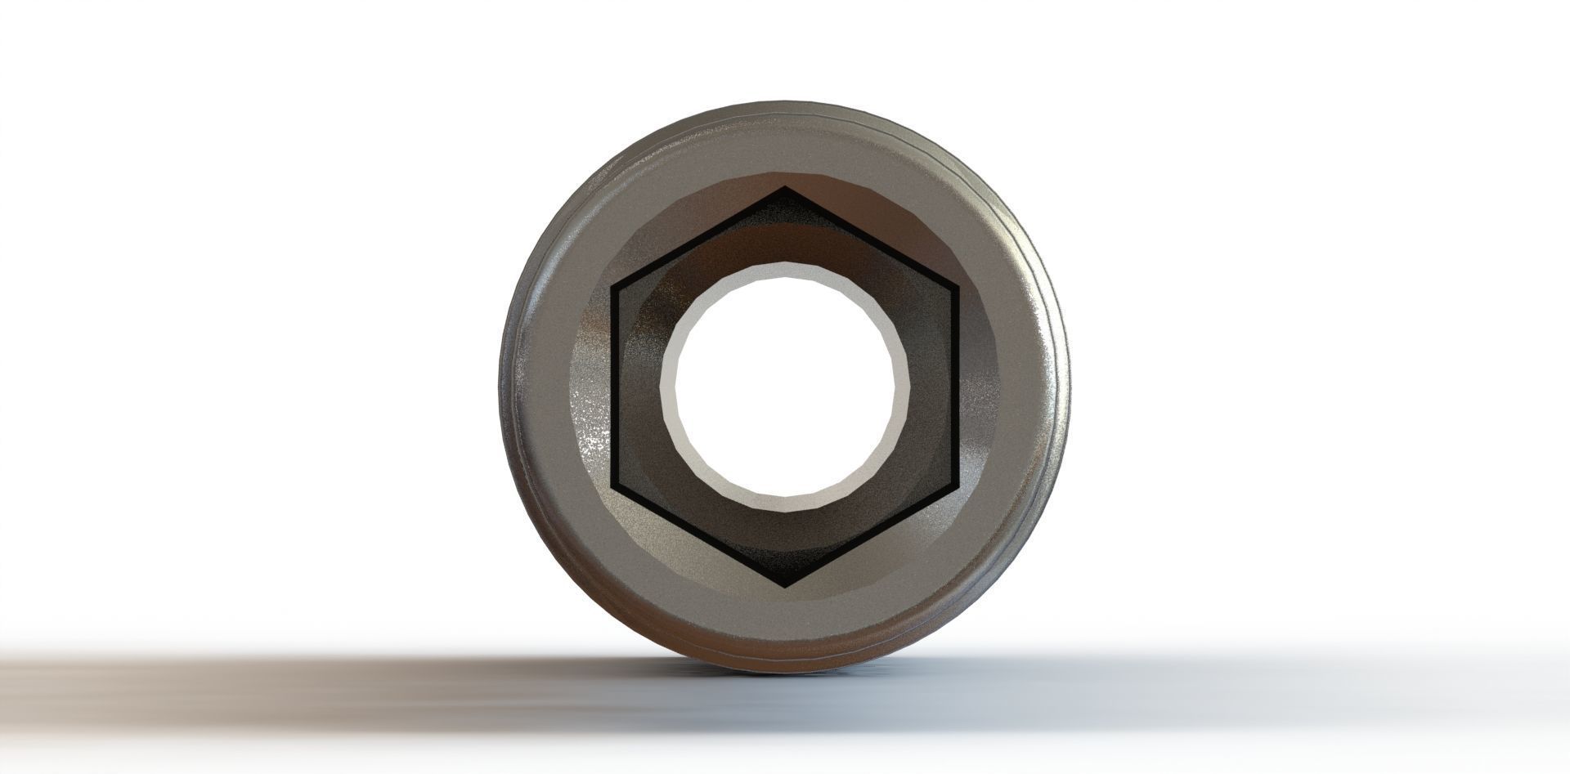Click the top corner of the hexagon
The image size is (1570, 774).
click(785, 188)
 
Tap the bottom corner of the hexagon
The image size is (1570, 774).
click(785, 585)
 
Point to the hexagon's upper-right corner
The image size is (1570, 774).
click(956, 287)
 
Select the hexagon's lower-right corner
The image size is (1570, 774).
click(956, 486)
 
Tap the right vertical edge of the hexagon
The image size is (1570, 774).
click(956, 387)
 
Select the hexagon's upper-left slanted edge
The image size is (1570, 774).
click(699, 238)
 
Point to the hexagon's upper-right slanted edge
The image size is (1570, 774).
click(871, 238)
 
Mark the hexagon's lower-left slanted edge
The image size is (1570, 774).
click(699, 536)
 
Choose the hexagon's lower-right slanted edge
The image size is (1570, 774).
click(871, 536)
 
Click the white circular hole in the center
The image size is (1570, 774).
click(785, 387)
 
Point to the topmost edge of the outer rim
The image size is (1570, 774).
click(785, 103)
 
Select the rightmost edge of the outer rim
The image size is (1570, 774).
click(1069, 387)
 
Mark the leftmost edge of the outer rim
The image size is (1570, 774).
click(500, 387)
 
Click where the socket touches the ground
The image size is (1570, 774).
click(785, 669)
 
